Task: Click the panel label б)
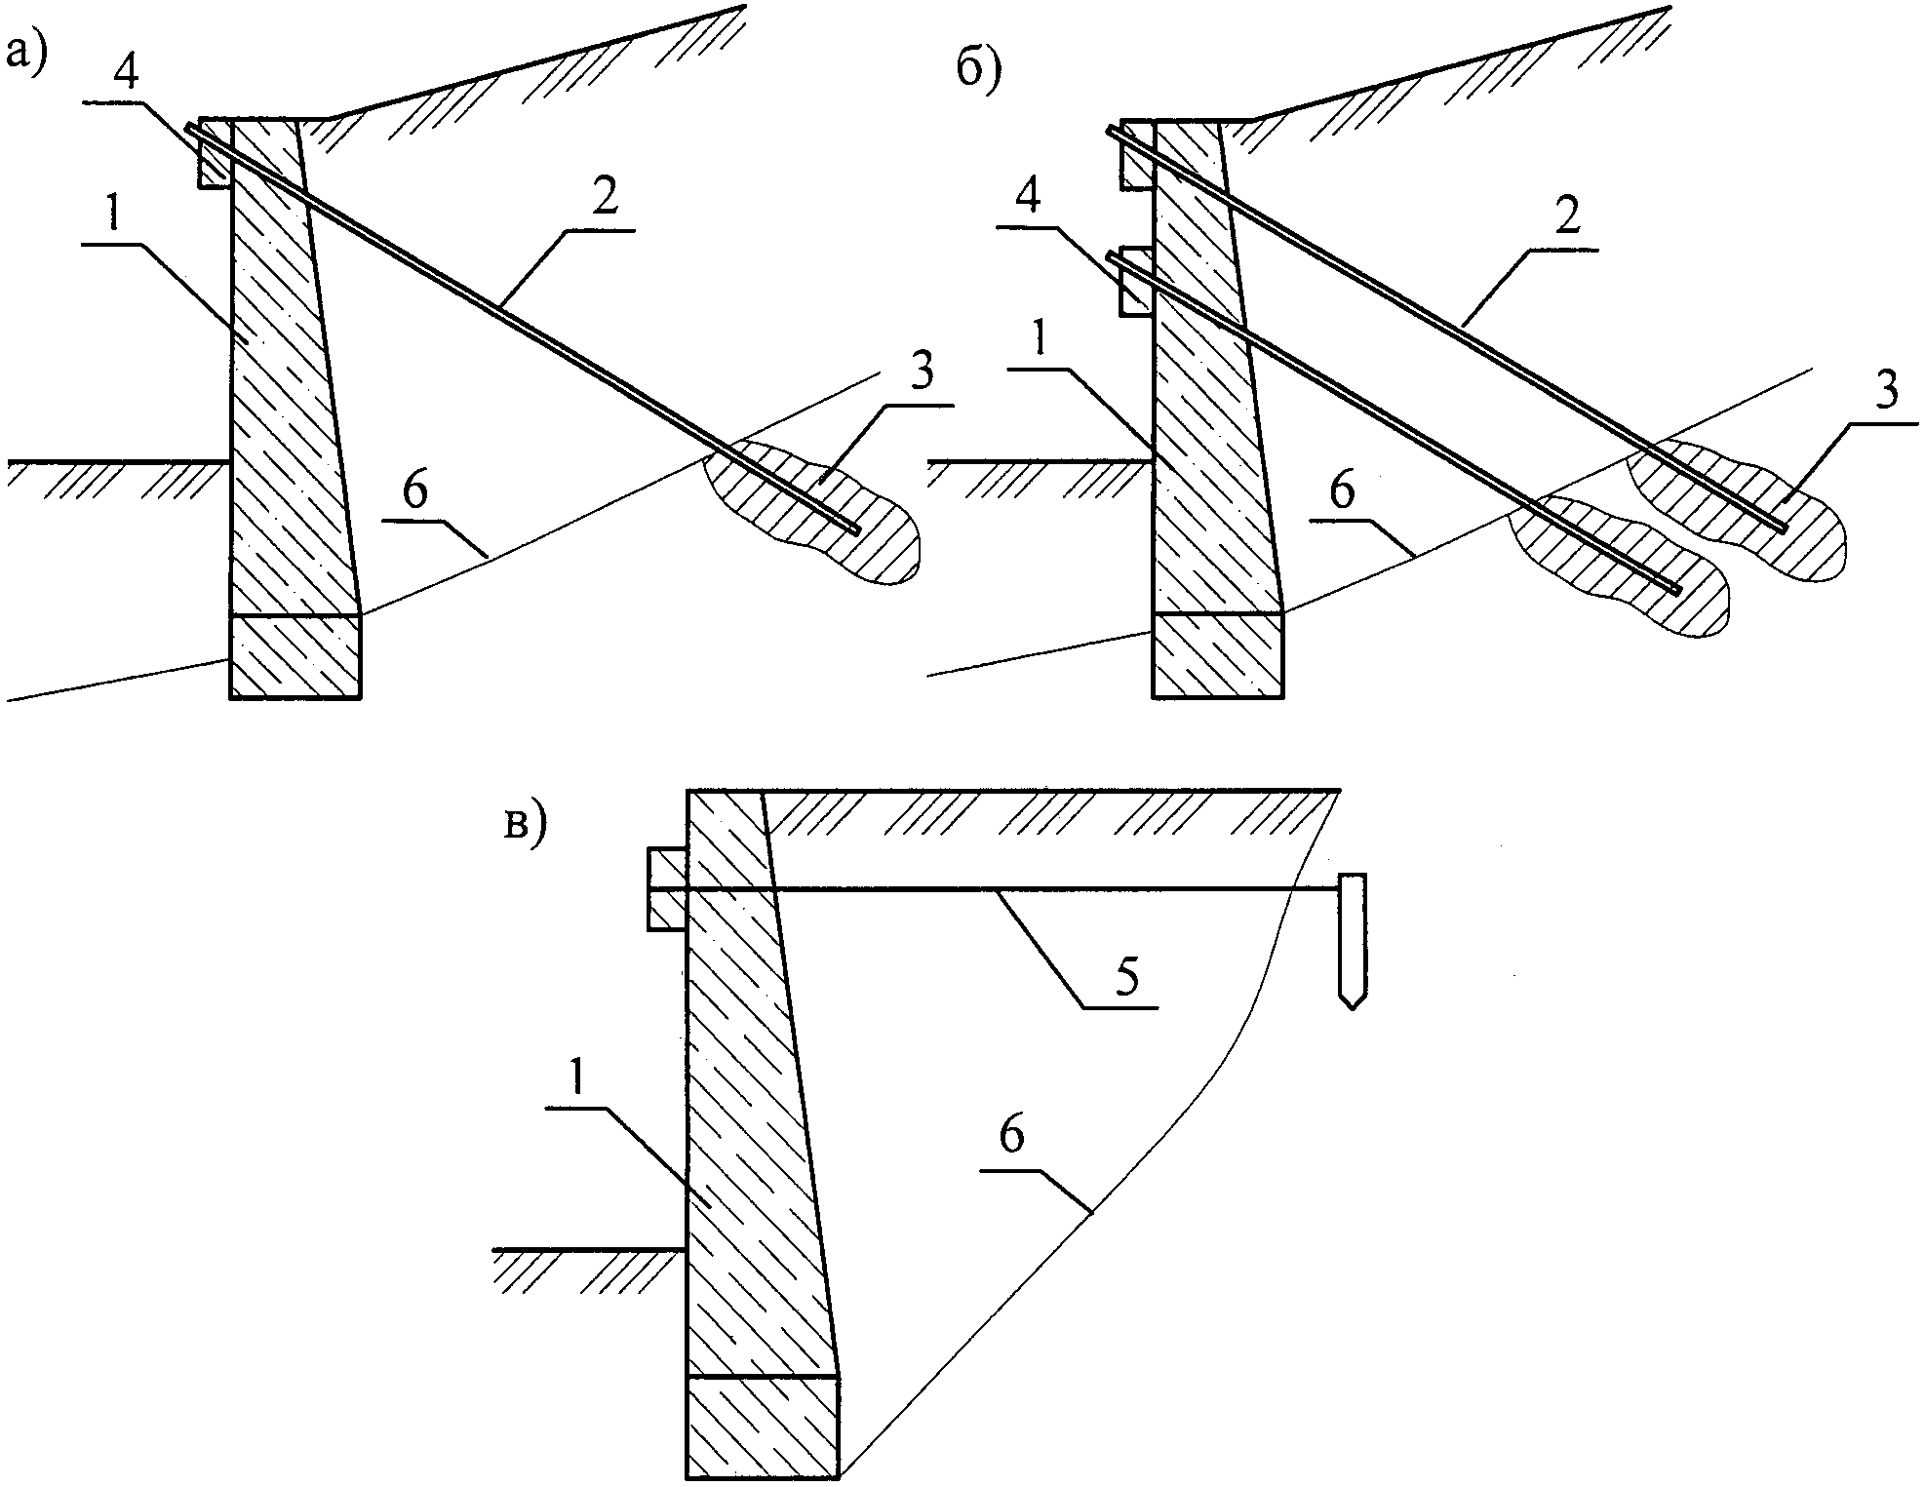[977, 73]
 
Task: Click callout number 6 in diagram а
[414, 493]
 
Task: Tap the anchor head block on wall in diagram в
[668, 889]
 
